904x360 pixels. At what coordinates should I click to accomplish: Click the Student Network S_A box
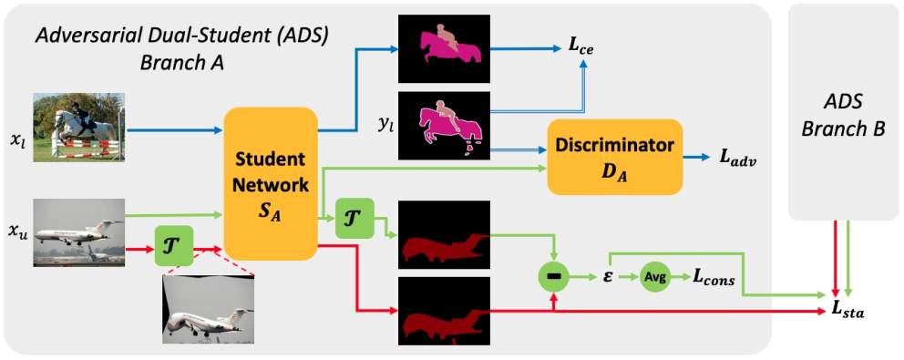pos(271,184)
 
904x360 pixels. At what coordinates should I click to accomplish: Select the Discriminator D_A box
pos(614,157)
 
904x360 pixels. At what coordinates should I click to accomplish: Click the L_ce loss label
pos(581,49)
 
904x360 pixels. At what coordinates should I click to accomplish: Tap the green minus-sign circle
pos(553,278)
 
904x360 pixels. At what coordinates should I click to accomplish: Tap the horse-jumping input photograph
pos(79,128)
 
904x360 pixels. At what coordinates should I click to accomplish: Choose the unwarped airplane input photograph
pos(79,232)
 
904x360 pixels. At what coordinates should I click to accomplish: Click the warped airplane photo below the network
pos(208,312)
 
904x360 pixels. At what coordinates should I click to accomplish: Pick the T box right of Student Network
pos(354,218)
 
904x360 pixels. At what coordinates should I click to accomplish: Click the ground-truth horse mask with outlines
pos(444,126)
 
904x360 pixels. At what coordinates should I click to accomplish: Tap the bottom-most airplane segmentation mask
pos(444,312)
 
